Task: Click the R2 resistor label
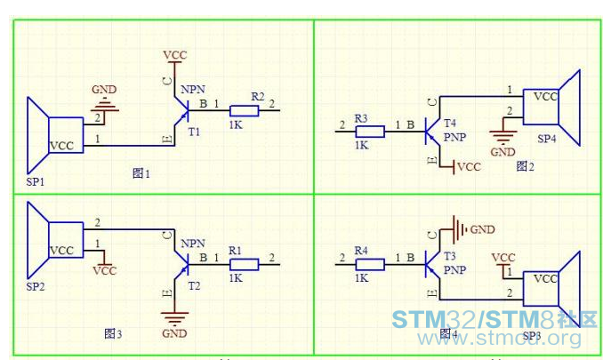257,95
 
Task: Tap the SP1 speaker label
36,182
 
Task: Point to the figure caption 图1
141,173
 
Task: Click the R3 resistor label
361,118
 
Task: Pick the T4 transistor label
449,123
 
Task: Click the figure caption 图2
524,166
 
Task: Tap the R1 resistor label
236,252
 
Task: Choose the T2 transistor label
195,286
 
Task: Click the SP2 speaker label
36,287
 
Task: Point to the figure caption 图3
113,333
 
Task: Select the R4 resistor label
361,252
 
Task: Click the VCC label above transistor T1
175,55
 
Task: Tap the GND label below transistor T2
174,333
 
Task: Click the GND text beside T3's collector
482,228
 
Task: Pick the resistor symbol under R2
245,111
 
